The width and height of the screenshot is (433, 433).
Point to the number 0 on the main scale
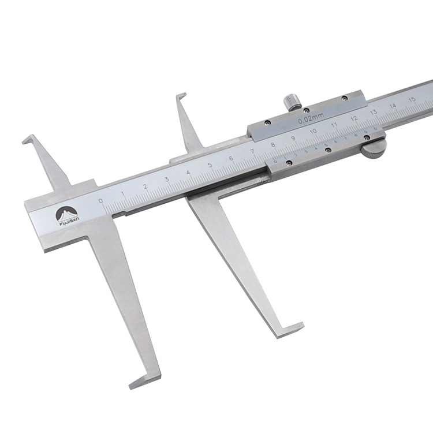(x=102, y=200)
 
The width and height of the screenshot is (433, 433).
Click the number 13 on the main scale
(x=374, y=111)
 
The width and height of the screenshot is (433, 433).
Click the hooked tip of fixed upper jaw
(x=28, y=140)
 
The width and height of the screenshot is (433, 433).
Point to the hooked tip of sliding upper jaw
(x=181, y=96)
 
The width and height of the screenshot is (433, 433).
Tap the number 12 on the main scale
(x=354, y=118)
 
